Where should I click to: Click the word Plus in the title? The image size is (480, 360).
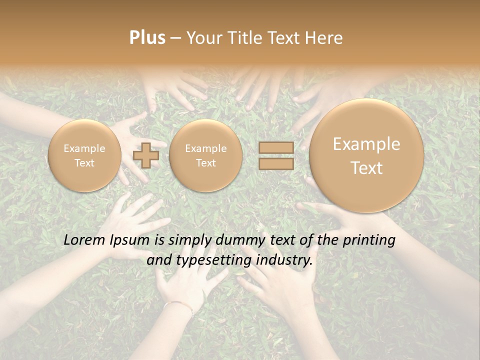[147, 38]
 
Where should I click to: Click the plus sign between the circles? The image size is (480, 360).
[146, 155]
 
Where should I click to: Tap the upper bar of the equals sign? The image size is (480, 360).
[276, 148]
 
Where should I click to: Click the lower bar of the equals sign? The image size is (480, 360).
[276, 163]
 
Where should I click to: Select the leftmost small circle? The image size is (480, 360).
[84, 155]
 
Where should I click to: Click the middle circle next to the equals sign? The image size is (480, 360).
[205, 155]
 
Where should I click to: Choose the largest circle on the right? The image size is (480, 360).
[366, 155]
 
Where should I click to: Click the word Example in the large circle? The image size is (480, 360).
[366, 144]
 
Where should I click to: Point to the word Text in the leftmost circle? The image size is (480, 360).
[84, 163]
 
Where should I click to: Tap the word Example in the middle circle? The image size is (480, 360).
[205, 148]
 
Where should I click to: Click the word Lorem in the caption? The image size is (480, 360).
[84, 240]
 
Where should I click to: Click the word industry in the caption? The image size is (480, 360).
[284, 260]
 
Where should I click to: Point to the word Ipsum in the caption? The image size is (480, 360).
[129, 240]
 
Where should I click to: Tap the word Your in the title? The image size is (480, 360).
[202, 38]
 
